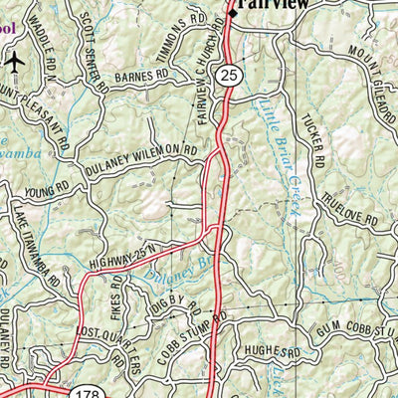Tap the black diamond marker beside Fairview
click(234, 13)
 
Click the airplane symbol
click(14, 62)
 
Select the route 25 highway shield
click(230, 77)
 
